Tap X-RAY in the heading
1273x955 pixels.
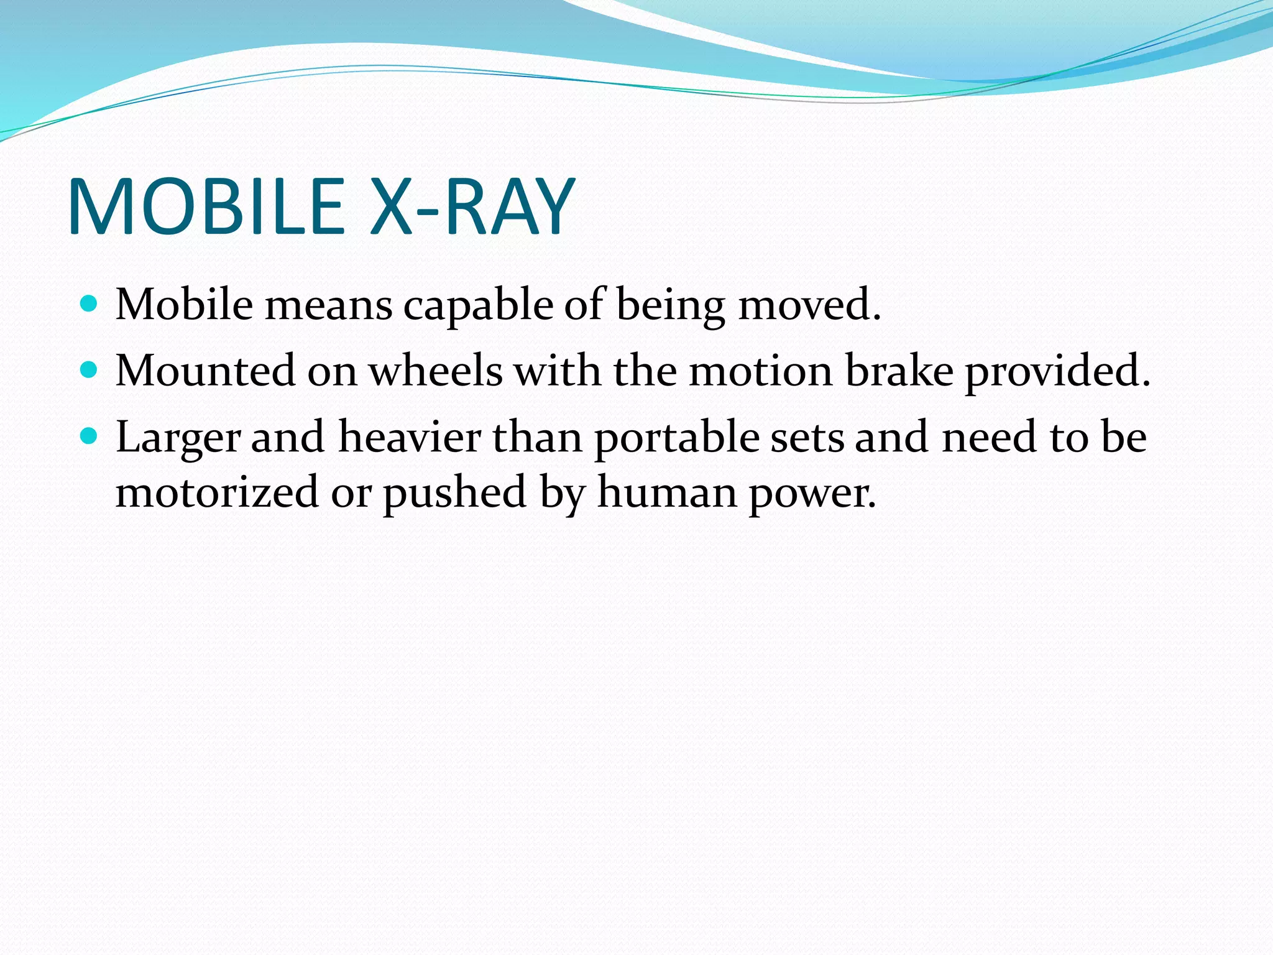472,206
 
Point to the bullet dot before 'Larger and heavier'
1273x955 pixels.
90,436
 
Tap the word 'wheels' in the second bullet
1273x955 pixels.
436,371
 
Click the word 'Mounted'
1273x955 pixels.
206,371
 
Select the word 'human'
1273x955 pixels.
667,492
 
